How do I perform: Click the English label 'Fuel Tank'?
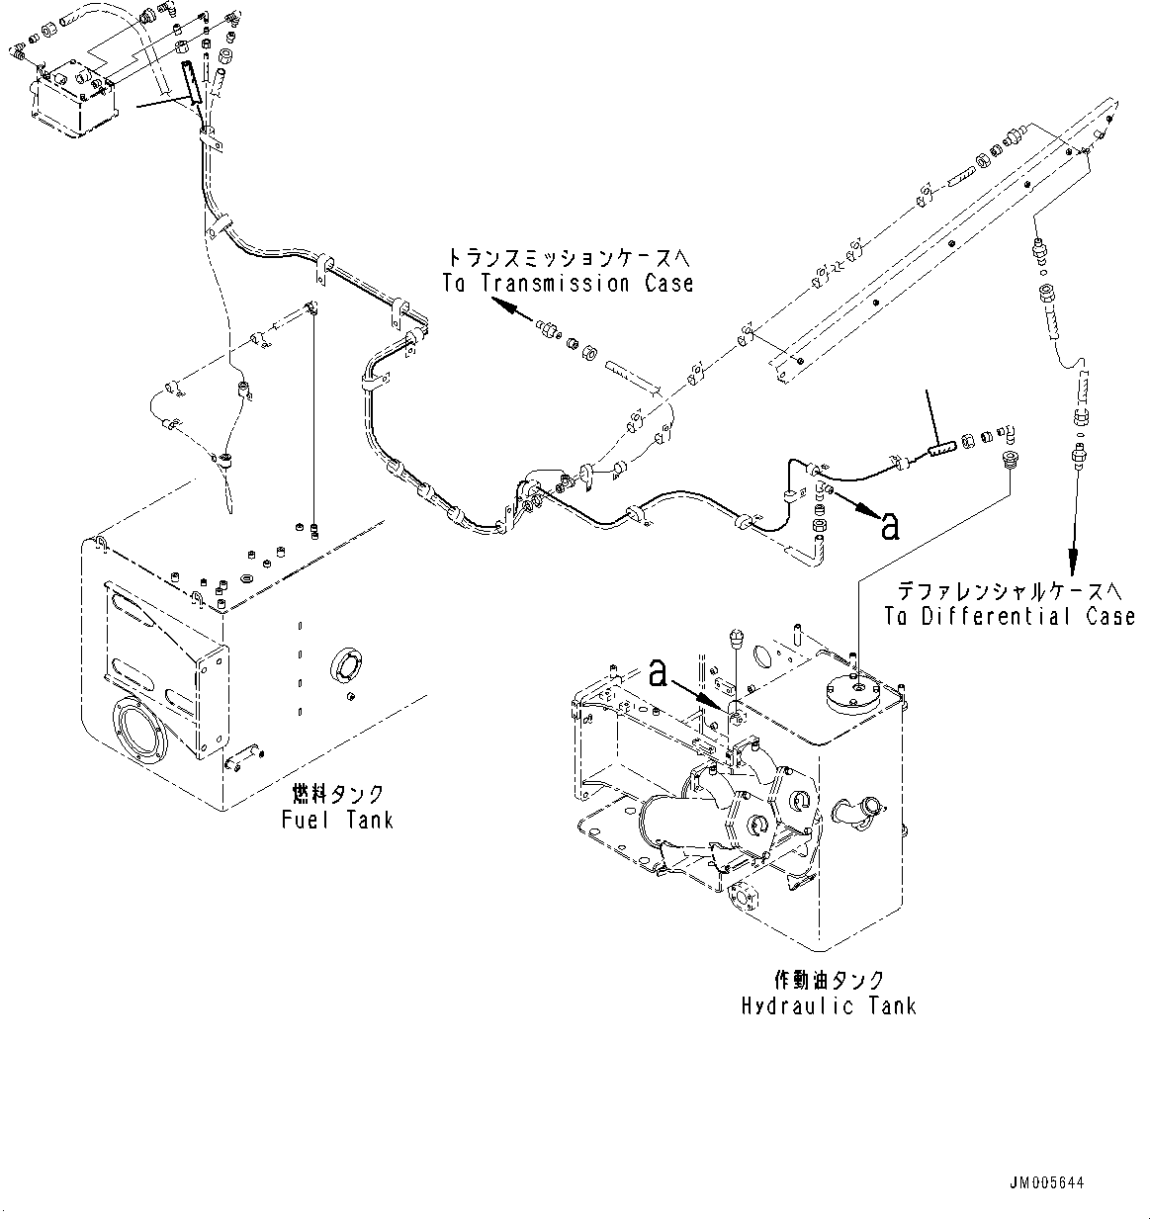337,820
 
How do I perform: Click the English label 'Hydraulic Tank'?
828,1005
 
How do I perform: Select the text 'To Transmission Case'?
568,284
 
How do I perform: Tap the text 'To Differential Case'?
1010,616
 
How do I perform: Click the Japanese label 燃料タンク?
337,794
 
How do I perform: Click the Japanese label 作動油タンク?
828,980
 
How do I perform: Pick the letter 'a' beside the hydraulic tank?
660,674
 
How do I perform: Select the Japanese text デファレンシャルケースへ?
1010,590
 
